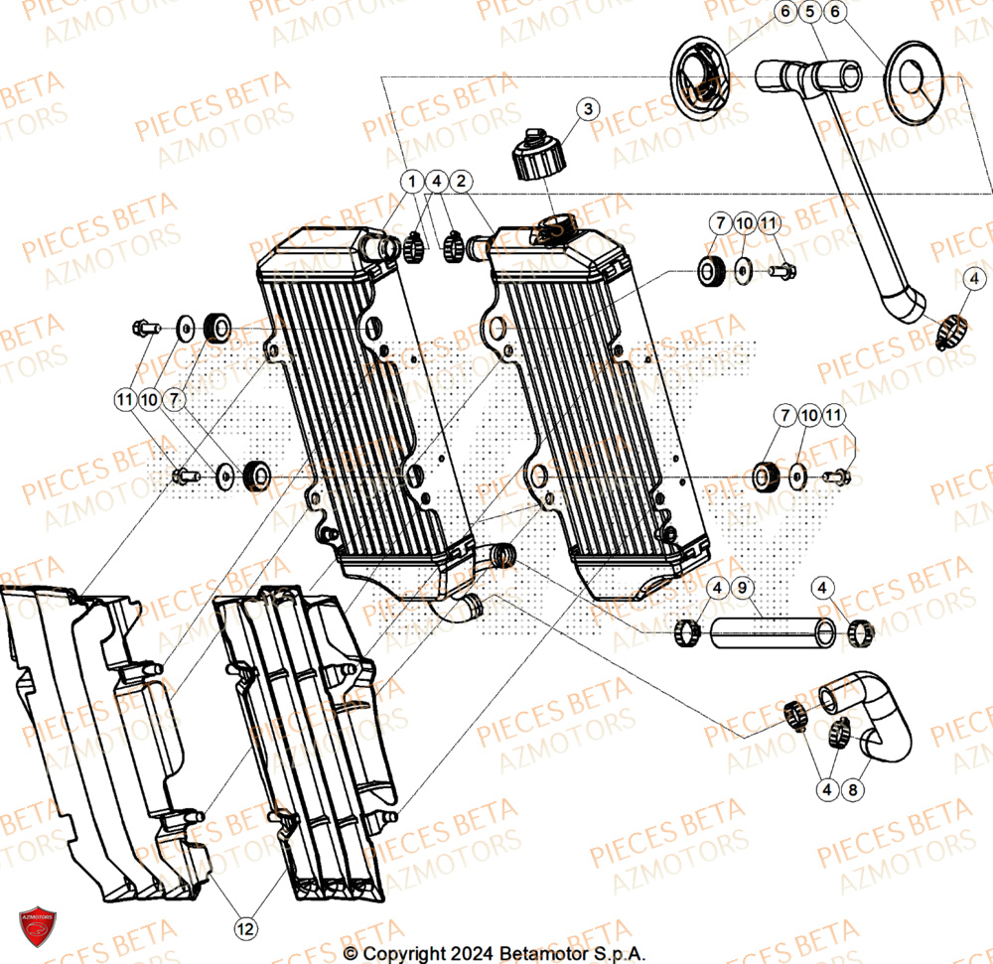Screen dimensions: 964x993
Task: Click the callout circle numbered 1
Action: pos(410,182)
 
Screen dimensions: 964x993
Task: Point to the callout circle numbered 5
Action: pos(809,13)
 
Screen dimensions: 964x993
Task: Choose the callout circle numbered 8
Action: pos(851,791)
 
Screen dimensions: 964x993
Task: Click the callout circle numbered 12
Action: pos(244,928)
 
